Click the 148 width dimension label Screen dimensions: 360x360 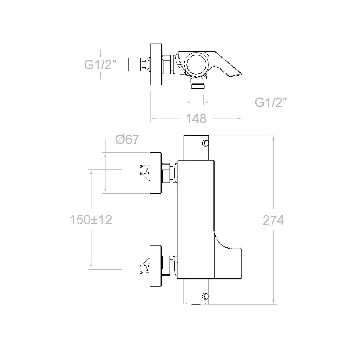pos(196,119)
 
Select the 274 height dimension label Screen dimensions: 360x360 pos(273,220)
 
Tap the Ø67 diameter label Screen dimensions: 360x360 pos(127,139)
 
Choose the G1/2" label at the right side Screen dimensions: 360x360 pos(271,102)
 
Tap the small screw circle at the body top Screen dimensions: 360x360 pos(205,143)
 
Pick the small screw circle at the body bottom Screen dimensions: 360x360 pos(205,296)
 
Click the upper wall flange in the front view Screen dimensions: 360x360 pos(156,173)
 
